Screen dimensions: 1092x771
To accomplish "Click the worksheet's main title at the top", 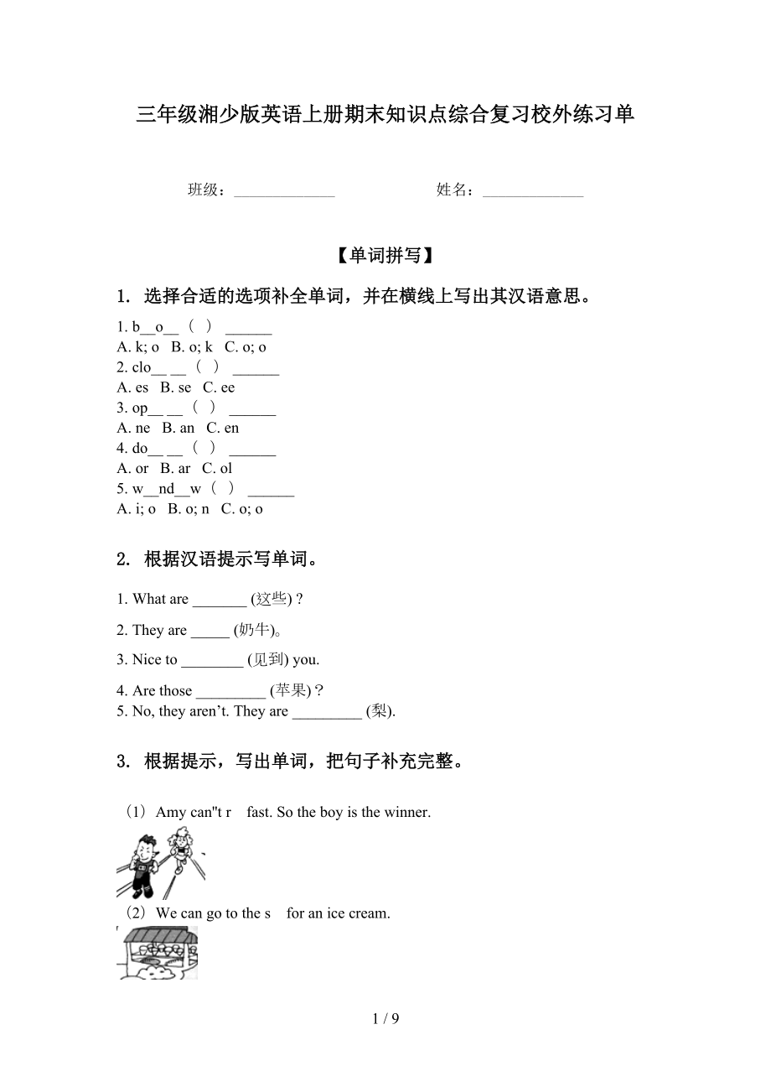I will tap(385, 115).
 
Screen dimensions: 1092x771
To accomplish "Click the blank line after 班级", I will tap(284, 192).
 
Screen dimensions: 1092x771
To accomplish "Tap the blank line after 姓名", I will tap(533, 192).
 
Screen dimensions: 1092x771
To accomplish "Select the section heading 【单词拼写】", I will tap(385, 255).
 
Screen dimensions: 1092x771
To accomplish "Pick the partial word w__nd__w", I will tap(167, 488).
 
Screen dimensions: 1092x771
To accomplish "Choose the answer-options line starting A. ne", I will tap(178, 428).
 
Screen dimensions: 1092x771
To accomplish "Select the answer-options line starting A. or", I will tap(174, 468).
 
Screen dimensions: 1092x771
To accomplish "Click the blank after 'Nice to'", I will tap(211, 660).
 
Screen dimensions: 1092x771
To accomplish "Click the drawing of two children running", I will tap(160, 864).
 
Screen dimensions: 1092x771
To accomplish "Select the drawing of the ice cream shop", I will tap(158, 952).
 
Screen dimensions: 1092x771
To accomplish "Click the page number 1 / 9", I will tap(385, 1019).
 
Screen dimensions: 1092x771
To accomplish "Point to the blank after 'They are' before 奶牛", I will tap(210, 631).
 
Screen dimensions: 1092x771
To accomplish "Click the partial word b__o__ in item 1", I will tap(155, 327).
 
